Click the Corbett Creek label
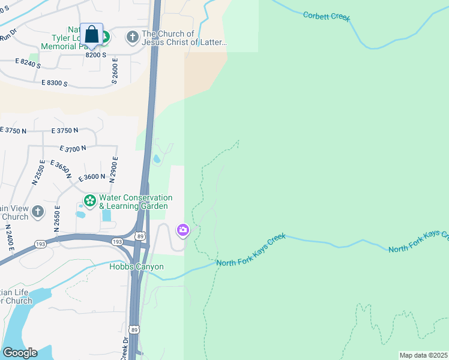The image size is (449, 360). click(327, 16)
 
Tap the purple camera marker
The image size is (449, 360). click(182, 230)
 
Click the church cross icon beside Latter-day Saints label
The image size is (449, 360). click(132, 38)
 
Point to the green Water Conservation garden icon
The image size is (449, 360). click(89, 201)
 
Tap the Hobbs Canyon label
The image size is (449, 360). click(136, 266)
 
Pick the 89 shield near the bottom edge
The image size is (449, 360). click(133, 329)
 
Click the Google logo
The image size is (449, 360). click(19, 353)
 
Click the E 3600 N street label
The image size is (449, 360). click(92, 177)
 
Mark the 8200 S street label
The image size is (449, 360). click(95, 55)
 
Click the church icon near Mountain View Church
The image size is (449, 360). click(38, 211)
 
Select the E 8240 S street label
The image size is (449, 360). click(28, 62)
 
